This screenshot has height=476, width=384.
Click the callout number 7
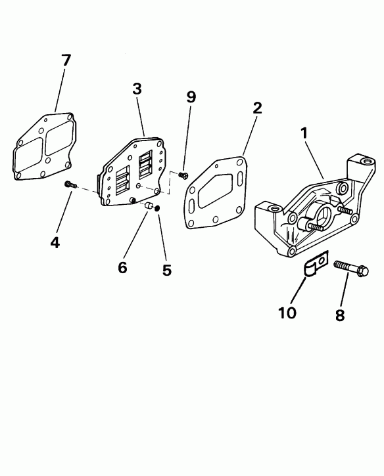66,60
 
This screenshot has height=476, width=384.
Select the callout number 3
137,90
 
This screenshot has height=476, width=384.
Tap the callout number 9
191,97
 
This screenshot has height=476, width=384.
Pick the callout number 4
55,242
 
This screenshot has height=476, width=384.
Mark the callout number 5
167,270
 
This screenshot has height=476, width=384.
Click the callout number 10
287,313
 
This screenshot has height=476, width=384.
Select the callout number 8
340,314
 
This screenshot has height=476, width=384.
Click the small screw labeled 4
70,186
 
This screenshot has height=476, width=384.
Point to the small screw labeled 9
183,174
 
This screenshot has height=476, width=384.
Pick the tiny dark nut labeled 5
158,210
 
